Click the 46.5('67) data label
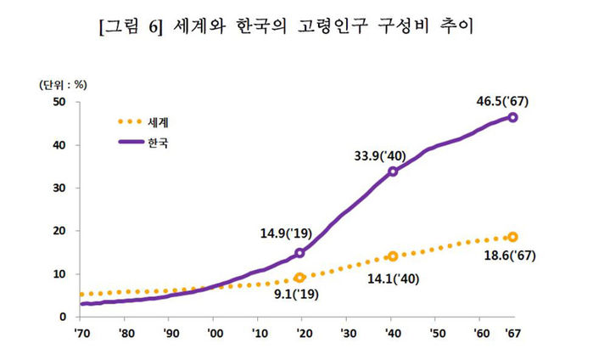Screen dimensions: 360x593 (x=505, y=101)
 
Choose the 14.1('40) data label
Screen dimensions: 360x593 (x=392, y=277)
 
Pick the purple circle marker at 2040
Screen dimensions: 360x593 (x=393, y=172)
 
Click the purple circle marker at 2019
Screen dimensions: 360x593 (x=299, y=252)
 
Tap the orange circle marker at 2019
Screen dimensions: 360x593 (x=299, y=278)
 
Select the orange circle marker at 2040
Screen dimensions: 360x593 (x=393, y=256)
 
